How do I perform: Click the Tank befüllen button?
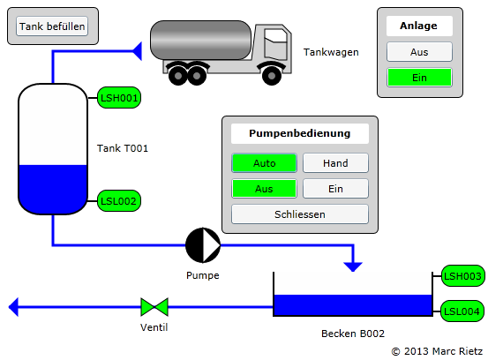(52, 26)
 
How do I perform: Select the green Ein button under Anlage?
(419, 78)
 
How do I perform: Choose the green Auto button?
(264, 162)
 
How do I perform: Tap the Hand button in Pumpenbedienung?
(335, 162)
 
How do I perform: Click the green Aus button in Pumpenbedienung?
(264, 189)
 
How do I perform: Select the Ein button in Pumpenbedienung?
(335, 189)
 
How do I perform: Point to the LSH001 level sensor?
(119, 98)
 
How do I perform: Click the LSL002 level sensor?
(119, 201)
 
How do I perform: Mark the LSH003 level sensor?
(462, 275)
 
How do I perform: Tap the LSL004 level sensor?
(462, 311)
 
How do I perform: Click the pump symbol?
(203, 245)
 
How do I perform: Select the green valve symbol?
(154, 307)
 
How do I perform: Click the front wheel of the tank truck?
(272, 76)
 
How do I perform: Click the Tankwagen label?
(331, 52)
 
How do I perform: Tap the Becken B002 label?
(353, 334)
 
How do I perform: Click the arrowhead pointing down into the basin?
(353, 267)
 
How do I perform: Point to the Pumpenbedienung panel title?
(300, 133)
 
